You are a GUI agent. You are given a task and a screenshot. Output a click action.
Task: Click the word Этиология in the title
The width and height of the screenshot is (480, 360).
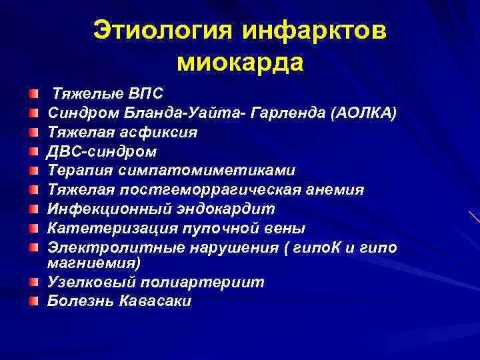point(163,31)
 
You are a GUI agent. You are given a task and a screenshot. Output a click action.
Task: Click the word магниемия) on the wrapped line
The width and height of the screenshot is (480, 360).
point(93,262)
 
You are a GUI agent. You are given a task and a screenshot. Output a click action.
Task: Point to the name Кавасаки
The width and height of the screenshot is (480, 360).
point(155,301)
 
